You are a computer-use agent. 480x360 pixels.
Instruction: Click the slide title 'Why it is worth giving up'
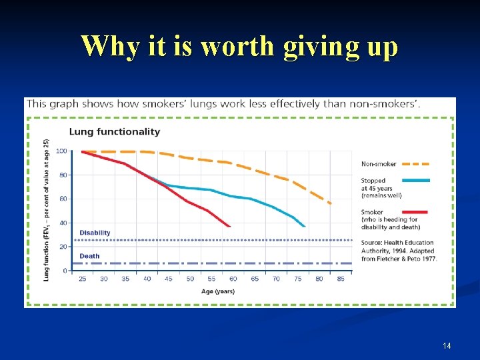(239, 47)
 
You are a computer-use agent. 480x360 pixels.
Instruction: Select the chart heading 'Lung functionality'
(115, 131)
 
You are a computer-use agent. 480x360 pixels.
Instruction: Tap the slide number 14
(447, 345)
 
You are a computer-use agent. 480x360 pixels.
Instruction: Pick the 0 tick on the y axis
(65, 271)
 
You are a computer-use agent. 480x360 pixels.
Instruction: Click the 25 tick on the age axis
(83, 279)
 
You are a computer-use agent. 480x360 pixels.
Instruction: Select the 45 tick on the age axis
(168, 279)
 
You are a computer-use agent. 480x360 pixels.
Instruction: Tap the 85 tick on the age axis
(341, 279)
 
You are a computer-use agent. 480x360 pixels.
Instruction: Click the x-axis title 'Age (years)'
(218, 291)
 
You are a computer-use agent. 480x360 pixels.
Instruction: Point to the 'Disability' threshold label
(95, 233)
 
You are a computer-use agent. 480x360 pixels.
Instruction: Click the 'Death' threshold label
(89, 256)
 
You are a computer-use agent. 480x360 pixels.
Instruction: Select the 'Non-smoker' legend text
(379, 164)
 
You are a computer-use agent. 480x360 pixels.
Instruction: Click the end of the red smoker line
(230, 227)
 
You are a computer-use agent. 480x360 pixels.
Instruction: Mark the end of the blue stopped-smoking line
(305, 227)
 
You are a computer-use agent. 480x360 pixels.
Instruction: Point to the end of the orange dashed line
(331, 203)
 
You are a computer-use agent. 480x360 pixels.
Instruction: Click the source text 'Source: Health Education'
(397, 243)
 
